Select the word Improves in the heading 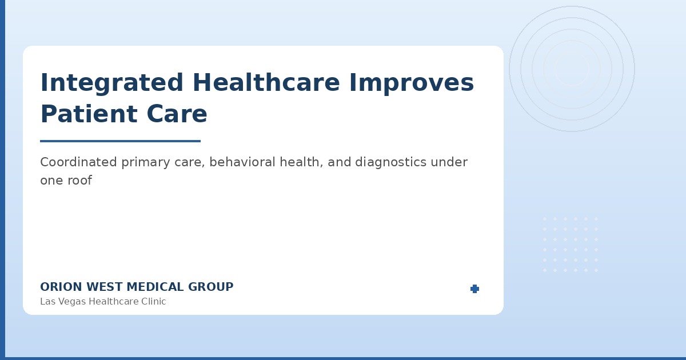(x=411, y=83)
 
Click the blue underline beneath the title (x=120, y=141)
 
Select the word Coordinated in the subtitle (x=79, y=162)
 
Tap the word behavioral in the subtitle (x=241, y=162)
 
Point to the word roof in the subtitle (x=80, y=181)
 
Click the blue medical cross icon (x=474, y=289)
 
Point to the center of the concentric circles (x=572, y=69)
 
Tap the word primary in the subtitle (x=143, y=162)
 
